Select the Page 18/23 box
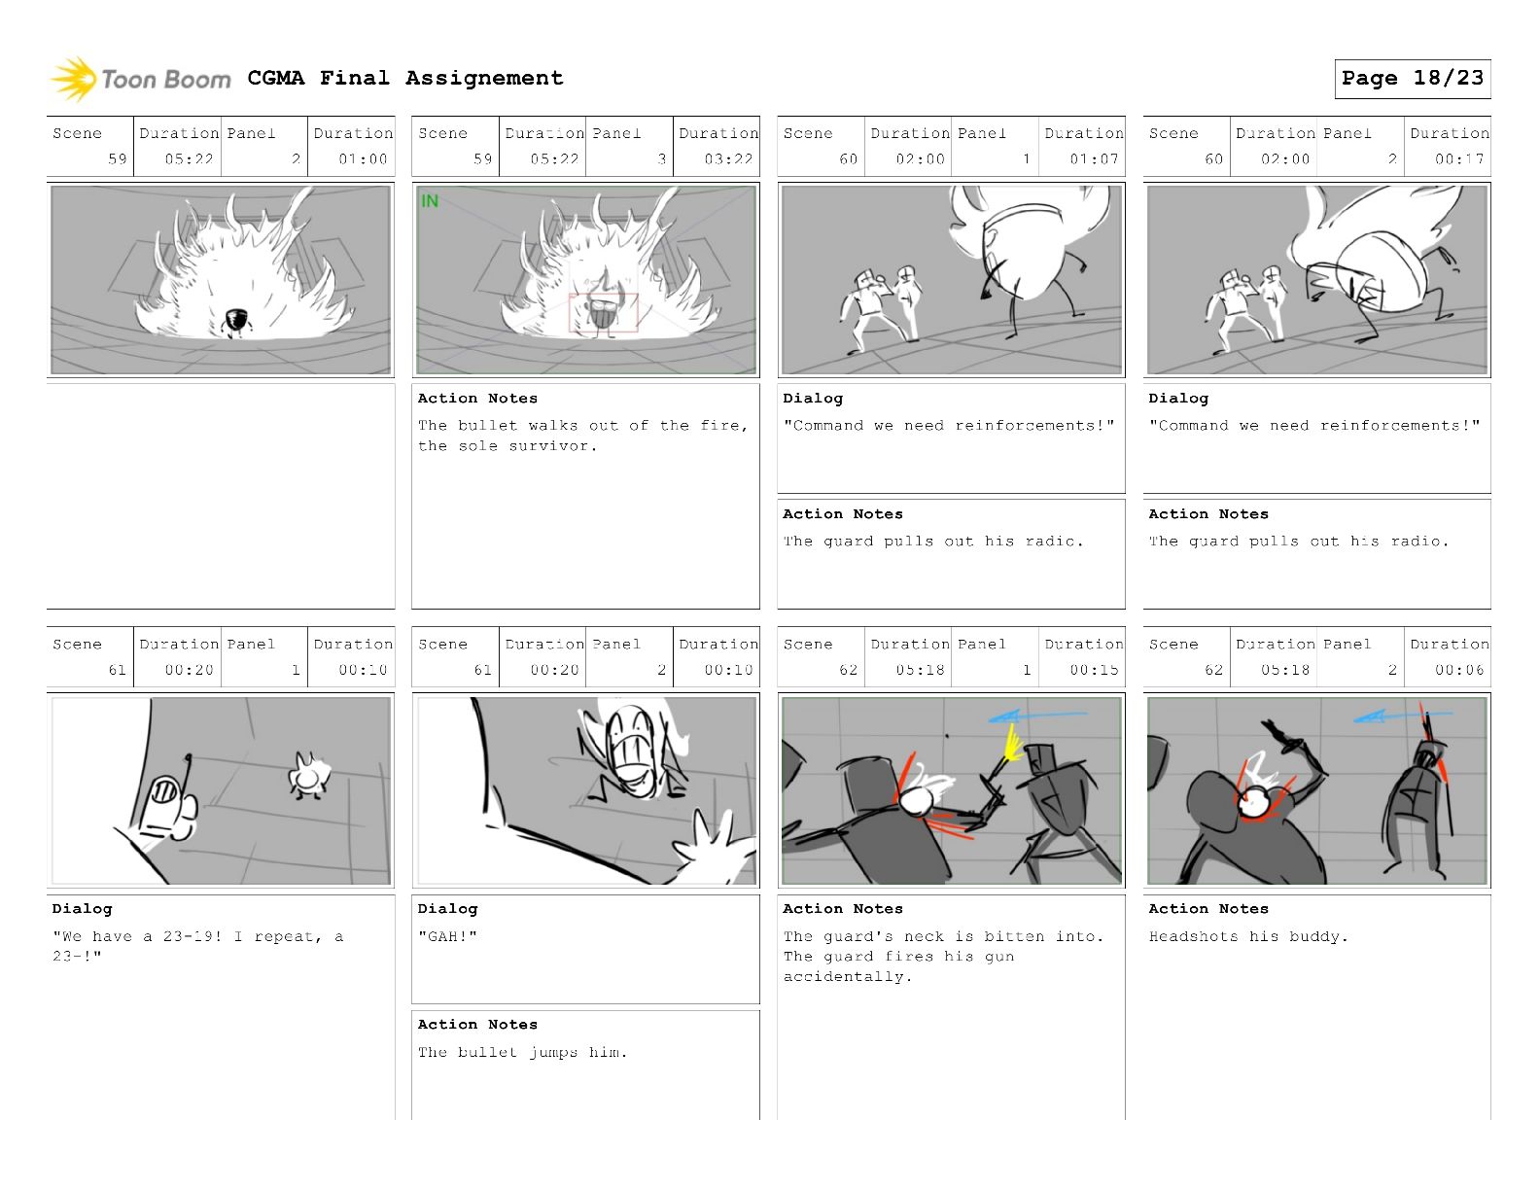point(1412,79)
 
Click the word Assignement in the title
point(484,78)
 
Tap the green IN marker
point(430,201)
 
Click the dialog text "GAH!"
point(447,936)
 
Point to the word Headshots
point(1194,936)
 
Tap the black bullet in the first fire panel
point(236,322)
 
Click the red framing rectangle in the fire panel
point(604,312)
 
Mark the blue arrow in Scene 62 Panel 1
point(1036,716)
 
